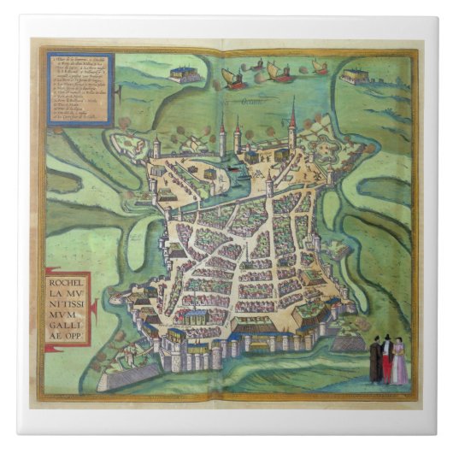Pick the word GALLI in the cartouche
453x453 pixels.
[x=68, y=326]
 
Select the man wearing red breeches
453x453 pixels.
[x=385, y=359]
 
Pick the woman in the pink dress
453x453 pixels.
[x=398, y=363]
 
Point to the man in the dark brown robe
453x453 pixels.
[x=374, y=361]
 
